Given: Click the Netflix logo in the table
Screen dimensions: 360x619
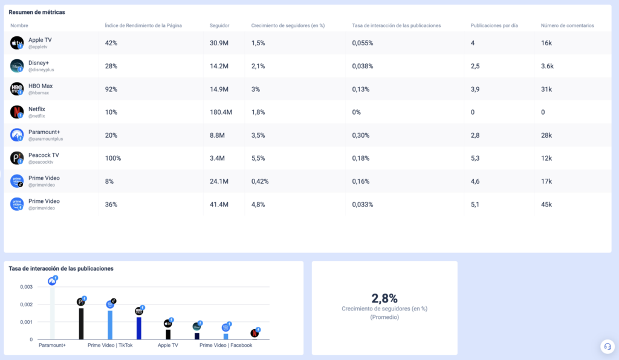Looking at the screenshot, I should (x=17, y=112).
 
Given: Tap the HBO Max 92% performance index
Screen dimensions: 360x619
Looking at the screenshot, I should (x=111, y=89).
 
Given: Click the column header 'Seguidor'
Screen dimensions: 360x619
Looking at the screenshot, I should (x=219, y=25).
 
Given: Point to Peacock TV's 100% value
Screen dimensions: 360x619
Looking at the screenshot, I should (x=113, y=158).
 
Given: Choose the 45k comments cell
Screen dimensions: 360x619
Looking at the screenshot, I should (x=546, y=205).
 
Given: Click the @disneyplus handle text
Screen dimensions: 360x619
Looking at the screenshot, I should (x=41, y=70).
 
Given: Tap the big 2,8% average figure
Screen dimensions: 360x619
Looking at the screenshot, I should (x=384, y=298).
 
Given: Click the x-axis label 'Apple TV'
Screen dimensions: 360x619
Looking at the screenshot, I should (x=168, y=346).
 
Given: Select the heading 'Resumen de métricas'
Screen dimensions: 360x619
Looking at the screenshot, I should (x=37, y=12).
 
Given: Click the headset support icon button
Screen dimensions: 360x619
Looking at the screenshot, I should (x=608, y=346).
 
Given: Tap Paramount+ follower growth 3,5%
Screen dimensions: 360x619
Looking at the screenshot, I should (x=258, y=135).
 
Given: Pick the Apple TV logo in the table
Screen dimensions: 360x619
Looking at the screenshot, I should (x=17, y=43).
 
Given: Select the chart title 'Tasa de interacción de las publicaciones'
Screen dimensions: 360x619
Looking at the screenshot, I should (x=61, y=269).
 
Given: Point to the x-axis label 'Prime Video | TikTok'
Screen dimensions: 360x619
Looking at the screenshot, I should (x=110, y=346).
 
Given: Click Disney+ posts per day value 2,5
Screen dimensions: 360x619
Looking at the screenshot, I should (x=475, y=66).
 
